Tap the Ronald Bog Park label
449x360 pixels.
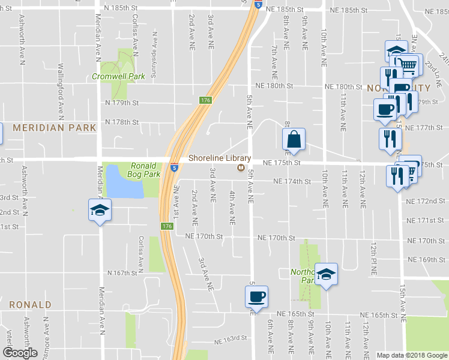pyautogui.click(x=143, y=170)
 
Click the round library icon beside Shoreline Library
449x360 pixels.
pyautogui.click(x=241, y=169)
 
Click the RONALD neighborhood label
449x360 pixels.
pyautogui.click(x=30, y=305)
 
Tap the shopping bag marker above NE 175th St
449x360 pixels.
pyautogui.click(x=294, y=140)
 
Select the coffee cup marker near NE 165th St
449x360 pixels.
pyautogui.click(x=256, y=296)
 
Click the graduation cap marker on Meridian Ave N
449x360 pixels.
pyautogui.click(x=100, y=211)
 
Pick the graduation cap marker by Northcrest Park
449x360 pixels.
pyautogui.click(x=326, y=274)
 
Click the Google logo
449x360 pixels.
pyautogui.click(x=20, y=352)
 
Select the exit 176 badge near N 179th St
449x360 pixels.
pyautogui.click(x=206, y=100)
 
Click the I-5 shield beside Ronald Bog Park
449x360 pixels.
pyautogui.click(x=173, y=168)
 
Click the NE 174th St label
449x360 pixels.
pyautogui.click(x=292, y=181)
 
